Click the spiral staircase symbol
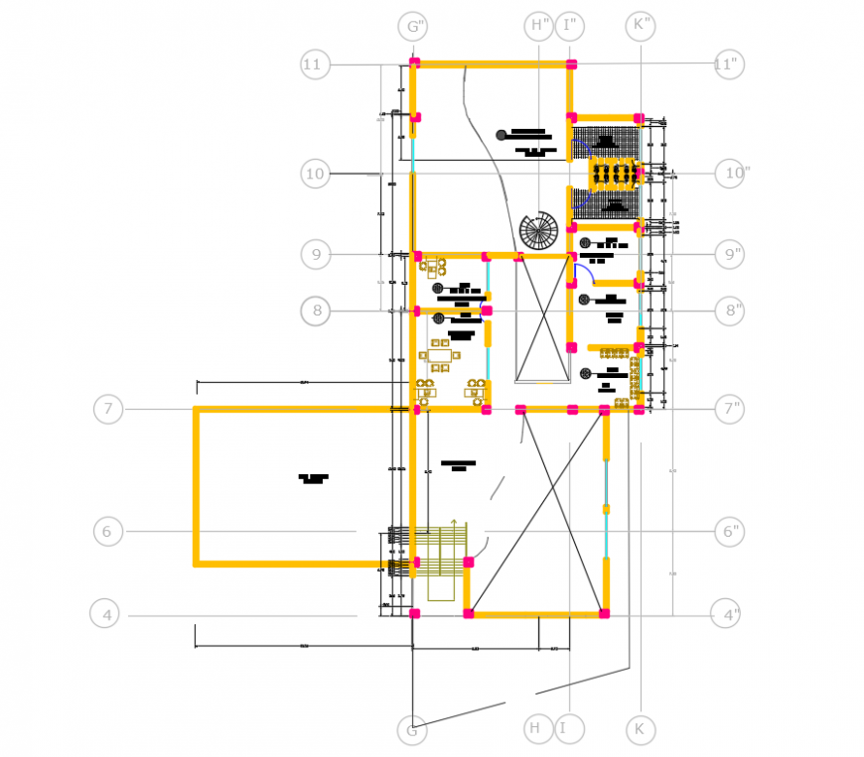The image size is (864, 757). (538, 231)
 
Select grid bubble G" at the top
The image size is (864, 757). (412, 26)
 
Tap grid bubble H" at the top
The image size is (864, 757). (539, 25)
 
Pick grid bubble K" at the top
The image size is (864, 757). (641, 25)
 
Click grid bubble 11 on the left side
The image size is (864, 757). (314, 65)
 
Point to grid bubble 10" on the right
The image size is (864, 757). (734, 174)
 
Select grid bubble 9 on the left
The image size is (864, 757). (315, 255)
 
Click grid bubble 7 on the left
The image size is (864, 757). (108, 409)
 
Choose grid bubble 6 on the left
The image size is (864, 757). (108, 531)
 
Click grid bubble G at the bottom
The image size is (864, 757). (412, 731)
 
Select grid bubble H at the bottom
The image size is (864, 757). (537, 729)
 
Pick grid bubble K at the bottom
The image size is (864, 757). (641, 730)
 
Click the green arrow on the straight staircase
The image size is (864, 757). (453, 524)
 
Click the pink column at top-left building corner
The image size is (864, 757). (415, 63)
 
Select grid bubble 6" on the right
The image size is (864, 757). (730, 532)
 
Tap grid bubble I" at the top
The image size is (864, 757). (570, 25)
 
